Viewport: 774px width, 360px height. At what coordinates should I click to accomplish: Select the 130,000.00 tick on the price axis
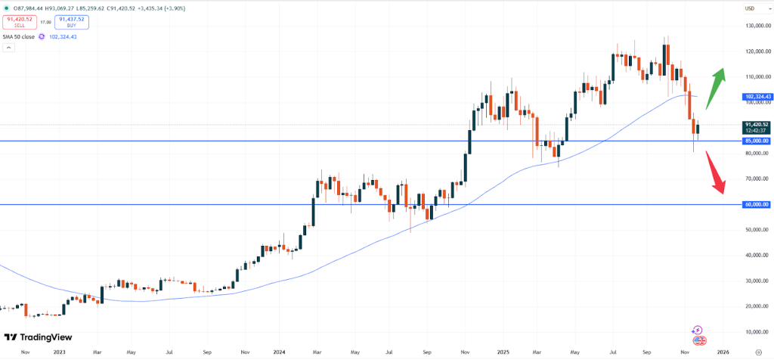757,26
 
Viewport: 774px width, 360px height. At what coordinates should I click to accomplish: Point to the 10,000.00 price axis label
757,332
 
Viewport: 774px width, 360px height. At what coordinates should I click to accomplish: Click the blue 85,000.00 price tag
757,141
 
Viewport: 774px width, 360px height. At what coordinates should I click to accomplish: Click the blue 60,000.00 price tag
757,204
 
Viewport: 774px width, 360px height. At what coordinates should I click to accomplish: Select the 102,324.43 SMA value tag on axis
757,97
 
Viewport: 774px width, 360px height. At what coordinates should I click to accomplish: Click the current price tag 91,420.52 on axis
757,124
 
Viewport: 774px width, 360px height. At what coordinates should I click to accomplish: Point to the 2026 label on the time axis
723,352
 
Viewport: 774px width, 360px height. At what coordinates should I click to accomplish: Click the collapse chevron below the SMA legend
8,48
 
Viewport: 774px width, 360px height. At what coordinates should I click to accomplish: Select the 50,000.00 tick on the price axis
757,230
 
